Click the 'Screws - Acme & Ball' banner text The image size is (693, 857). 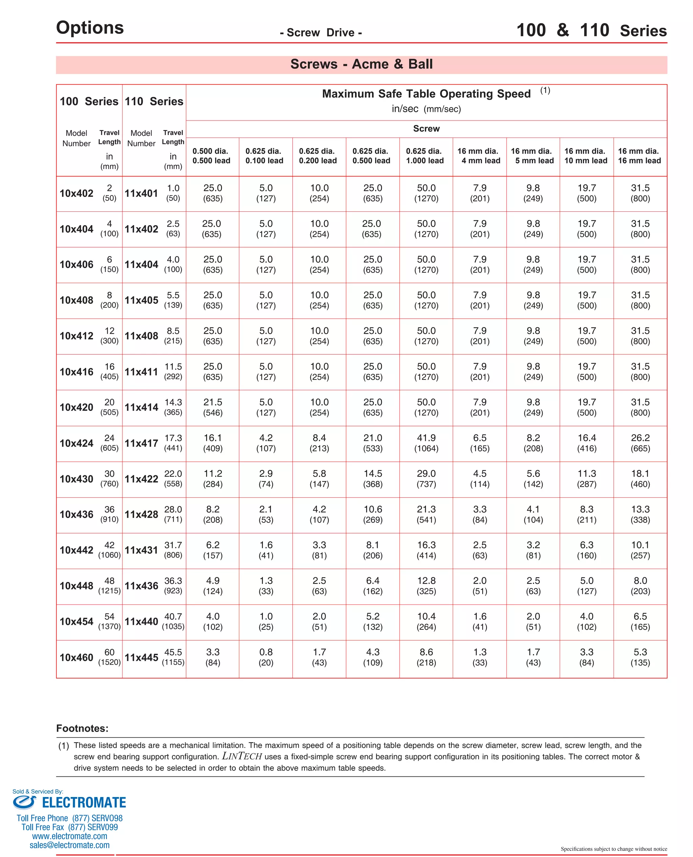(x=361, y=64)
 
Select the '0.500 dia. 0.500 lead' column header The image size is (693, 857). (x=211, y=156)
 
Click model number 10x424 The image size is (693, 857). (x=76, y=443)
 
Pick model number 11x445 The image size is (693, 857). (x=141, y=657)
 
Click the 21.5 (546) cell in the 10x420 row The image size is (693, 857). (x=213, y=407)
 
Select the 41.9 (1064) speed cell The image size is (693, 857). (x=426, y=443)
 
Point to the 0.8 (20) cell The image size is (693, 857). (x=266, y=657)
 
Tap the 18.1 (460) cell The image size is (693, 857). (x=640, y=478)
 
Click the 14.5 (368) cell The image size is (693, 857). (x=373, y=478)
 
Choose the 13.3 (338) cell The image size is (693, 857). (x=640, y=514)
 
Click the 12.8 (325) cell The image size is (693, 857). (x=426, y=585)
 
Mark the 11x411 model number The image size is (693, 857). (x=141, y=372)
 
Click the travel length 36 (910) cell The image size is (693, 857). (x=109, y=514)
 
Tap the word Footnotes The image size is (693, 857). (x=82, y=728)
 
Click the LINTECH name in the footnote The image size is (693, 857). (x=242, y=756)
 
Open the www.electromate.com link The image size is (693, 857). (x=69, y=836)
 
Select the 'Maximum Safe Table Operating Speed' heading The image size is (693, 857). (x=426, y=94)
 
